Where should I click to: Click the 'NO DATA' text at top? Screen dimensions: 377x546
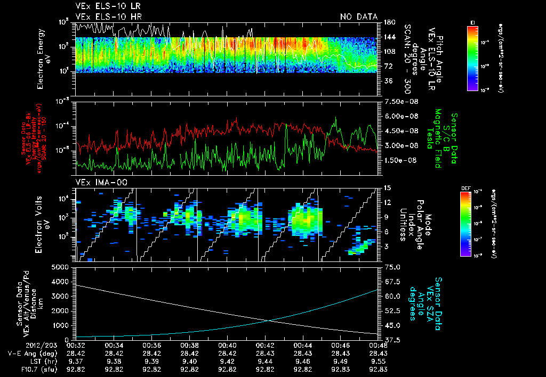click(358, 17)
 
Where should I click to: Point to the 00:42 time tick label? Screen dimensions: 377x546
click(266, 345)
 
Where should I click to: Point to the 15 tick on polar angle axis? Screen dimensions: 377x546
click(387, 188)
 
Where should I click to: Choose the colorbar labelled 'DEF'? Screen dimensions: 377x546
click(464, 224)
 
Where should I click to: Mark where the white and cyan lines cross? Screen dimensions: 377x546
click(271, 320)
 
